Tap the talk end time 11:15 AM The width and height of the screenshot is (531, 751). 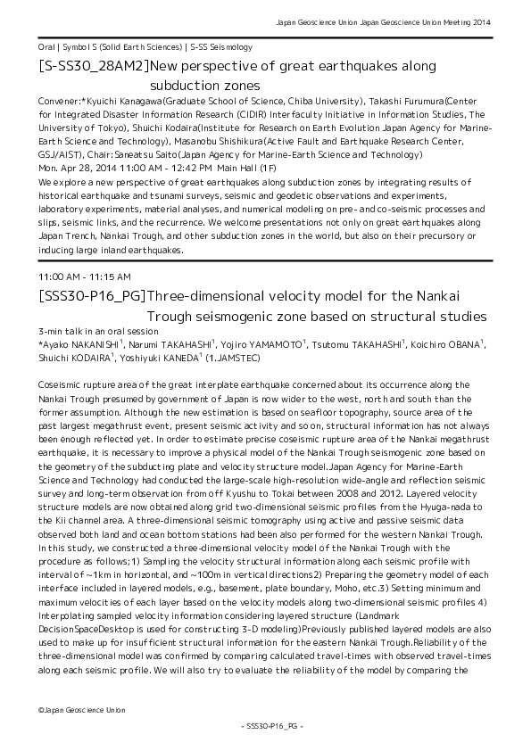[112, 276]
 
